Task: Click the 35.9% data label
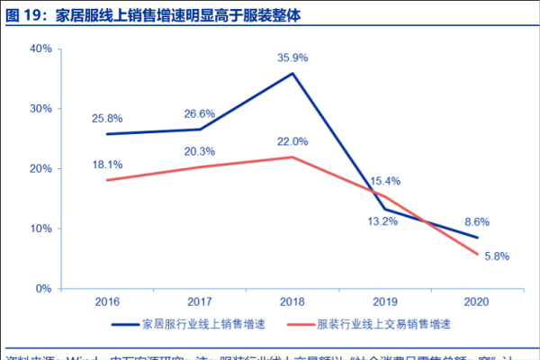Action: tap(292, 58)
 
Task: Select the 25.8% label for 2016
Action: tap(106, 118)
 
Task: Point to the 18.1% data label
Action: tap(106, 164)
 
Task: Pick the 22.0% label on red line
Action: tap(292, 141)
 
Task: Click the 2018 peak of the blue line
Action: tap(292, 73)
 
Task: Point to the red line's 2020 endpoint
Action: tap(477, 254)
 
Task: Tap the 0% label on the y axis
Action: tap(41, 289)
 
